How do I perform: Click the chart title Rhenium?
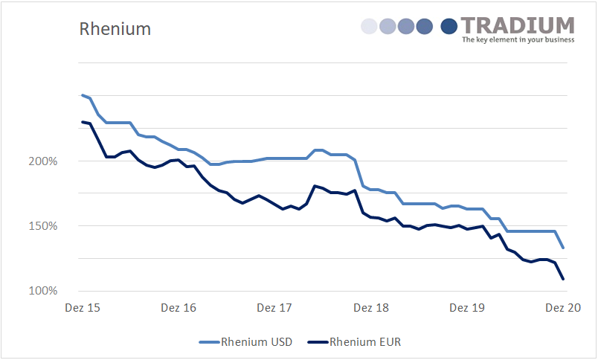pos(115,29)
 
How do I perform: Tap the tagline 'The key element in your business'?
pos(518,40)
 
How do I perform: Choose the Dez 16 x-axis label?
pos(179,307)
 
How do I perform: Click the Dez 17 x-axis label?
pos(274,307)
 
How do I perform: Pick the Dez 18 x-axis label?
pos(371,307)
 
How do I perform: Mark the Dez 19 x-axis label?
pos(467,307)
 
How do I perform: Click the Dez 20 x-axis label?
pos(563,307)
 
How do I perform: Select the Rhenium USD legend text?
pos(257,342)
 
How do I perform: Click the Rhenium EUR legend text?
pos(364,342)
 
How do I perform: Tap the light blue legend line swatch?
pos(209,342)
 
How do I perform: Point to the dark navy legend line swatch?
pos(318,342)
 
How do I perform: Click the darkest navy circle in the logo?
pos(449,27)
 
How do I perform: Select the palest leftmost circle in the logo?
pos(369,27)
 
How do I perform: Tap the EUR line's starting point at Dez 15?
pos(82,121)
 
